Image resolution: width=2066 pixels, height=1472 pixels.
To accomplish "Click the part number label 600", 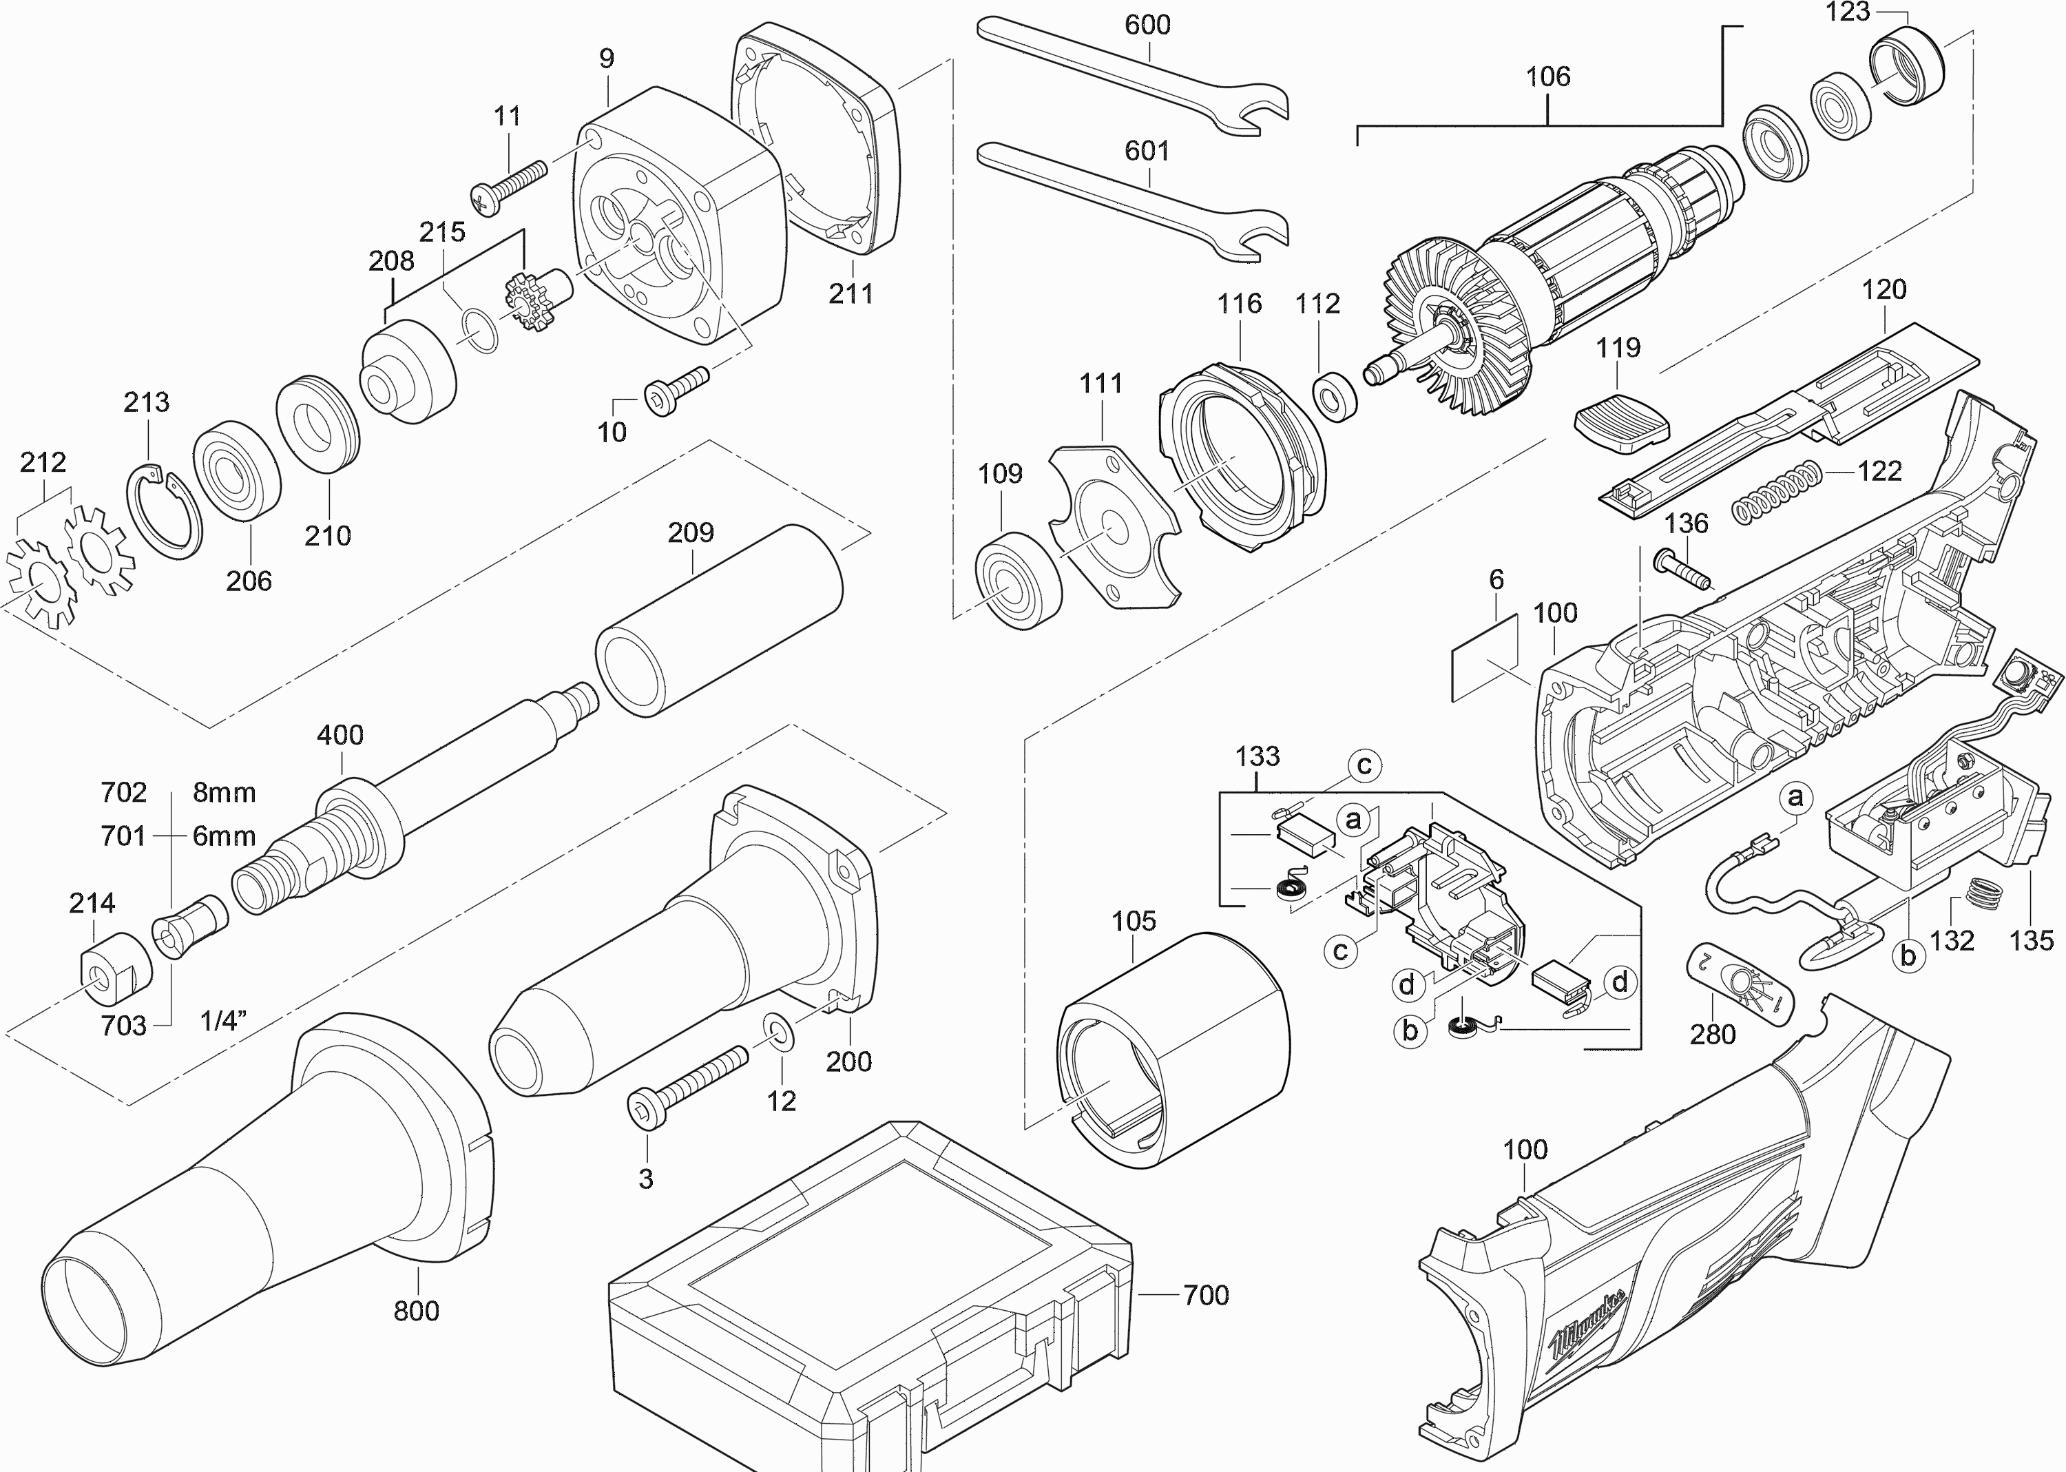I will [x=1147, y=25].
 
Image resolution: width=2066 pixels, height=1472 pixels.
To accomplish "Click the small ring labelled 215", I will [x=479, y=330].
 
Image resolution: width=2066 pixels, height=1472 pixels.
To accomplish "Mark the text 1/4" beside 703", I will [x=223, y=1022].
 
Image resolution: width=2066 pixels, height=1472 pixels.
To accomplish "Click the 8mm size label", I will [x=224, y=793].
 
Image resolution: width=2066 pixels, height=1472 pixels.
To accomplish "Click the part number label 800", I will [x=416, y=1311].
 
